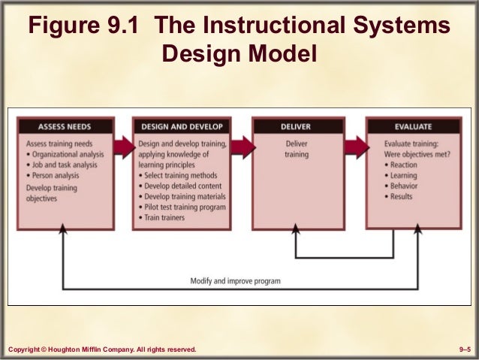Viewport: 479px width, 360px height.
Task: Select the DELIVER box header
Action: [296, 126]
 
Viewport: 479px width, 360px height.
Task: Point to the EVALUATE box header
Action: [412, 126]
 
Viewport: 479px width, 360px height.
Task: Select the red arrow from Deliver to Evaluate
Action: [354, 144]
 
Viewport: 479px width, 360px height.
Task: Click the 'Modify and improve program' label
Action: [235, 281]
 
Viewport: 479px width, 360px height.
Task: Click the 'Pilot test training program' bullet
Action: [185, 207]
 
